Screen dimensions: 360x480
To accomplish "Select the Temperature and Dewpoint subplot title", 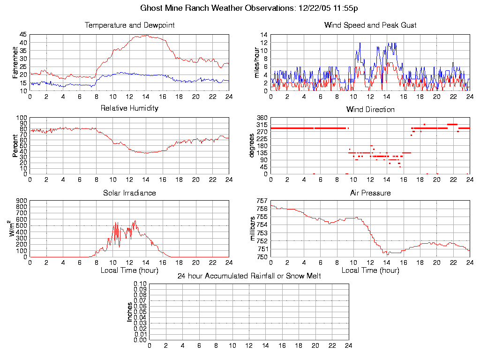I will coord(129,25).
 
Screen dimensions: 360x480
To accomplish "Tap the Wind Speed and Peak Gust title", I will coord(370,25).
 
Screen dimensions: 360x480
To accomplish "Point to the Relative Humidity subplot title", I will coord(129,108).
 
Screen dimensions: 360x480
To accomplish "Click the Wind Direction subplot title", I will coord(370,110).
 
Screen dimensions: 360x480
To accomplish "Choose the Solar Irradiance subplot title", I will coord(129,193).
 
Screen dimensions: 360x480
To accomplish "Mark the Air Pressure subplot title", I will coord(370,193).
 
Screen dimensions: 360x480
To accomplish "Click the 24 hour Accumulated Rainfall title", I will coord(249,276).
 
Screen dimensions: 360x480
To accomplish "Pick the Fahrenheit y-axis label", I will coord(15,62).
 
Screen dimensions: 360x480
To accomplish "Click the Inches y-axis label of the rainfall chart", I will coord(130,312).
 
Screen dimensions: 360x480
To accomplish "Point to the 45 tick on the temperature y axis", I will coord(23,35).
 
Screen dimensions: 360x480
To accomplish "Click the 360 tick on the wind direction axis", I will coord(261,118).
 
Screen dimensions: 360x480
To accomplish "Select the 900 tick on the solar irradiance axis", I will coord(21,201).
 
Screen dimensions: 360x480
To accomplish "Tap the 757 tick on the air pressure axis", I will coord(261,201).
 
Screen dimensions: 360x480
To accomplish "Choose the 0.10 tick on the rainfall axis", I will coord(140,284).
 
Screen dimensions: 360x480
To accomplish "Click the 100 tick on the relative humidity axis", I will coord(21,118).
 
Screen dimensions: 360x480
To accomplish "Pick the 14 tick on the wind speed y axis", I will coord(263,35).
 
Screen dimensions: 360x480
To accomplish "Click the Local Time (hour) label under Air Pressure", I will coord(370,270).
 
